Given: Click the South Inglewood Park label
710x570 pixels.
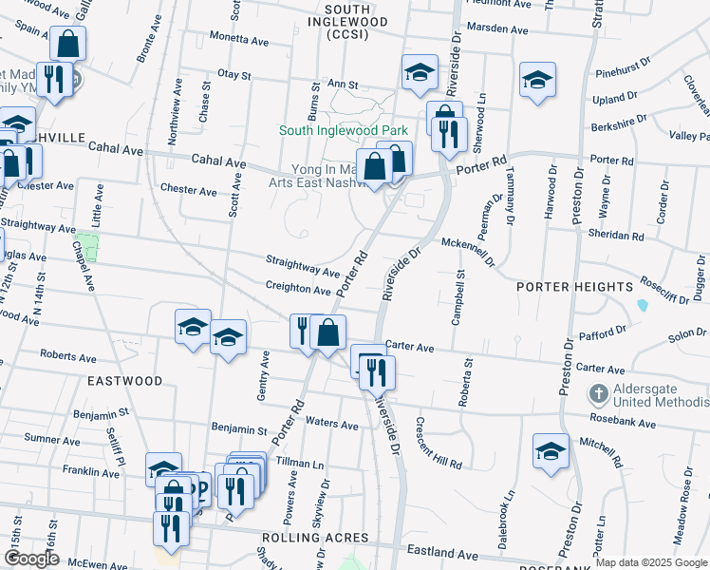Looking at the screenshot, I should [x=342, y=130].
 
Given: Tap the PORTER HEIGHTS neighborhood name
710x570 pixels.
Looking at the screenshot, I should [x=573, y=287].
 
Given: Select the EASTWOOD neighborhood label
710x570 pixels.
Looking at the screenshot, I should [x=125, y=381].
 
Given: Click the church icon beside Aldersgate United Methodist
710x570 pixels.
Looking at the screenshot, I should [x=598, y=393].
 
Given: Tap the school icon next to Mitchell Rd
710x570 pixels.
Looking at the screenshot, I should [x=551, y=452].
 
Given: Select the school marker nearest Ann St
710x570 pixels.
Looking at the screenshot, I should [x=419, y=73].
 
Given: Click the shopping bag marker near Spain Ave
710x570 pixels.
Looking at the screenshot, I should [x=68, y=43].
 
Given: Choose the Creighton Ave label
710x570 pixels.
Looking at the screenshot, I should [x=297, y=288].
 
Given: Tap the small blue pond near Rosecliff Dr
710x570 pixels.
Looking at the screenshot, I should [x=644, y=305].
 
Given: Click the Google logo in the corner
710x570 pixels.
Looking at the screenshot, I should [x=31, y=559].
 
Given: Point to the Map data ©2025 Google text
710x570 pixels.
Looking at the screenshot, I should [x=650, y=562].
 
